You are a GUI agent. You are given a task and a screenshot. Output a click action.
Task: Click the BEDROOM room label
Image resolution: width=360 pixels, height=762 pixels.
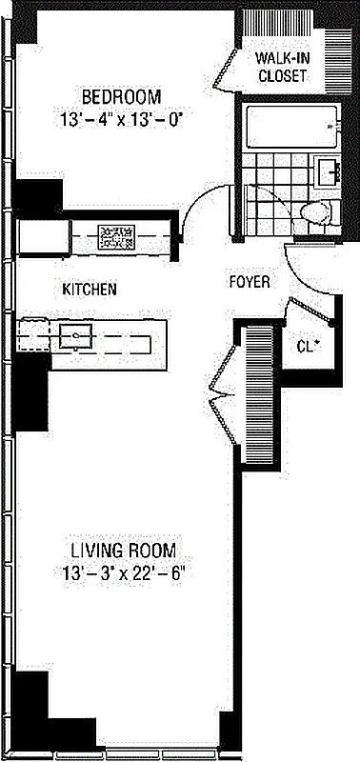(x=121, y=96)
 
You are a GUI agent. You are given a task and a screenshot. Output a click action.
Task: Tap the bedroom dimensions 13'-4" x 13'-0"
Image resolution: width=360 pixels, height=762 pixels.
(x=121, y=121)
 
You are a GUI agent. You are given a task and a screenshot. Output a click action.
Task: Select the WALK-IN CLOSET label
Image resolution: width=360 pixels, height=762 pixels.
(x=281, y=67)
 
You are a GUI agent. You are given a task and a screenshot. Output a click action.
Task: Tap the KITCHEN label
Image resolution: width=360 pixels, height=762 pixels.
(x=90, y=289)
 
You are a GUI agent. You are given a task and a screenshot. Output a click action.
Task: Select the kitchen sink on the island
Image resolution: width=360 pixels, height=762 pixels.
(x=73, y=335)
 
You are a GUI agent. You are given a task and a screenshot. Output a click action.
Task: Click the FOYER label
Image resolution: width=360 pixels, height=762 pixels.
(x=250, y=283)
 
